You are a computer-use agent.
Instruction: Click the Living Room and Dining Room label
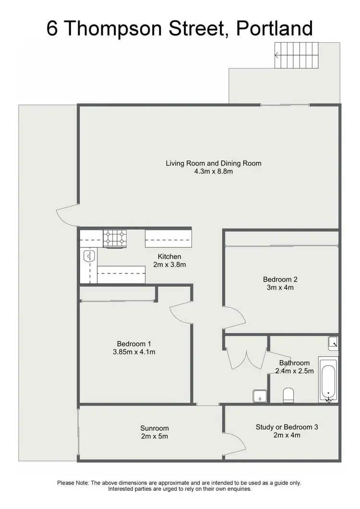[x=214, y=163]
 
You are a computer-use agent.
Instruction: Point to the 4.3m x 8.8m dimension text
[x=214, y=171]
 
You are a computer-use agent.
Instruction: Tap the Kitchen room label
[x=169, y=257]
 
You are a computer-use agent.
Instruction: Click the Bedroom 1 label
[x=134, y=343]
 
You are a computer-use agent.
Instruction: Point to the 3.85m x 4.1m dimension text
[x=134, y=352]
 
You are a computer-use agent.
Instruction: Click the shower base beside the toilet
[x=260, y=396]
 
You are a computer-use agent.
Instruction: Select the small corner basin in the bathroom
[x=333, y=342]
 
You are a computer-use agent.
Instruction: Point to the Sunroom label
[x=155, y=428]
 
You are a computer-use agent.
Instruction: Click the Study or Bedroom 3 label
[x=287, y=426]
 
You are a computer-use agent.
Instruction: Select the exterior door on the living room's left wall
[x=67, y=216]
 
